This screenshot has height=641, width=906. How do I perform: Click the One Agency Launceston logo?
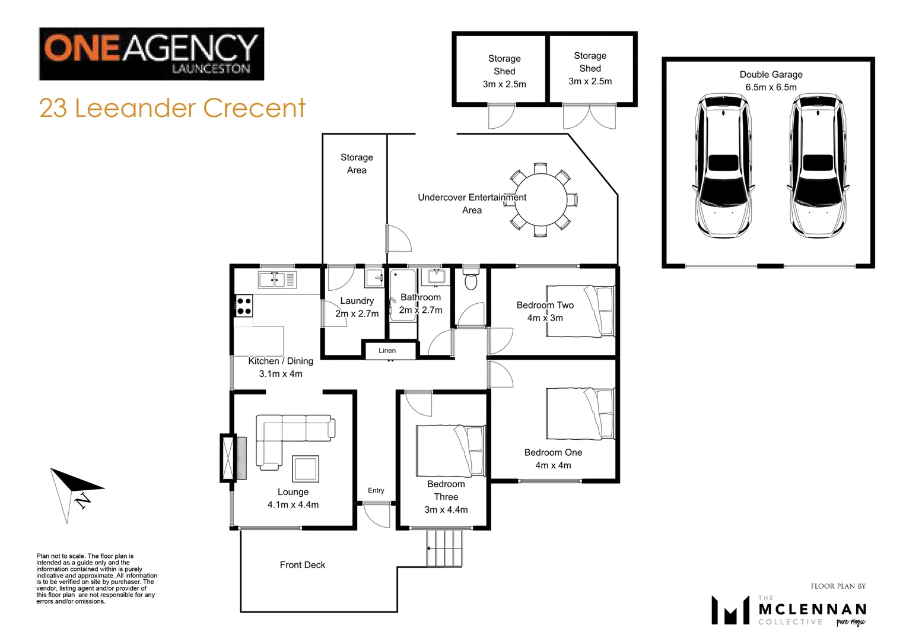point(151,54)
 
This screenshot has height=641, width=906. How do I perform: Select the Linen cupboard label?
point(387,351)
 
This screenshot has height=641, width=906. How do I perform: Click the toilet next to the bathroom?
point(471,279)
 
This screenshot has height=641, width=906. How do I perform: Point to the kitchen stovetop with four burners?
point(244,306)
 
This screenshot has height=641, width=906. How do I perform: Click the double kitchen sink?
point(277,280)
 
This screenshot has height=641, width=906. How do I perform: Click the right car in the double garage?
point(818,165)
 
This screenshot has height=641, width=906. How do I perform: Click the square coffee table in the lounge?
point(306,468)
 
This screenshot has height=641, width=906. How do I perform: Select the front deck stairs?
point(444,548)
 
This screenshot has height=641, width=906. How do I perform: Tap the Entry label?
point(376,491)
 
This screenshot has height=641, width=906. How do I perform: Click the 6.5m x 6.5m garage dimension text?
point(771,87)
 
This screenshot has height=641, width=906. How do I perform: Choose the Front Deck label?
point(303,565)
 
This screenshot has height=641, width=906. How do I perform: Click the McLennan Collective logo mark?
point(730,610)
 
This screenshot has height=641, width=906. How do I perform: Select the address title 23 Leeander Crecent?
point(172,109)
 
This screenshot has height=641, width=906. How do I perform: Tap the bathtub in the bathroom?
point(403,296)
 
